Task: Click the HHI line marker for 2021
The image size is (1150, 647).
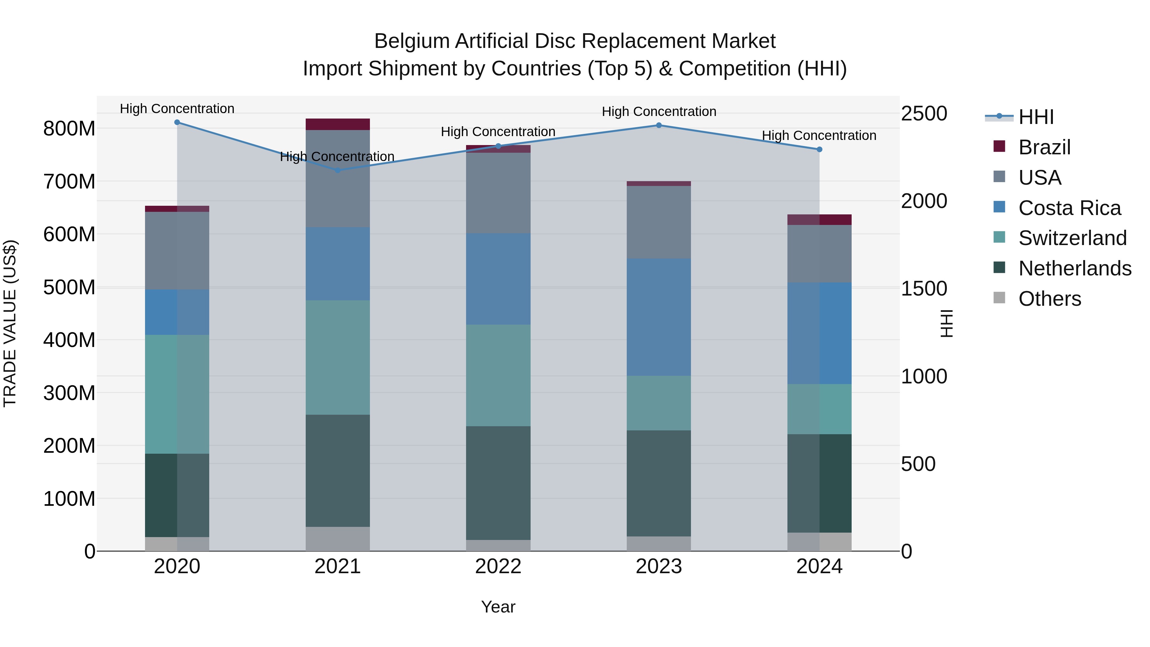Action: pos(338,170)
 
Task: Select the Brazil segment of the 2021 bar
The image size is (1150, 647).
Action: pos(338,124)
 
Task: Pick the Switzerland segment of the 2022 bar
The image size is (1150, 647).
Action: pos(498,375)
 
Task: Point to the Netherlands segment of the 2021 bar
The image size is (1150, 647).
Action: pos(338,471)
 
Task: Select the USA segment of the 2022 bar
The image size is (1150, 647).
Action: pos(498,193)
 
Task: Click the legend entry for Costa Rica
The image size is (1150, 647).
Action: pos(1069,208)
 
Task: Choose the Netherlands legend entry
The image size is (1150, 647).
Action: pos(1075,268)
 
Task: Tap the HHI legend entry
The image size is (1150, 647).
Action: pos(1036,117)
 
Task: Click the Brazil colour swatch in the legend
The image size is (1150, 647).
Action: pos(999,146)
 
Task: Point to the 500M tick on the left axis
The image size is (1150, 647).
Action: pos(69,287)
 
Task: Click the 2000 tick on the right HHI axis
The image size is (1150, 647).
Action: pos(924,201)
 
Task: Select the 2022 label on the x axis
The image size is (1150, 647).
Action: pos(498,566)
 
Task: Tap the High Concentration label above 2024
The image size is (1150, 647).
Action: pos(819,135)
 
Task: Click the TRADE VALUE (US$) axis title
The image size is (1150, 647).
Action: pos(10,323)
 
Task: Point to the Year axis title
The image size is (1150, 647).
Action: pos(498,607)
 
